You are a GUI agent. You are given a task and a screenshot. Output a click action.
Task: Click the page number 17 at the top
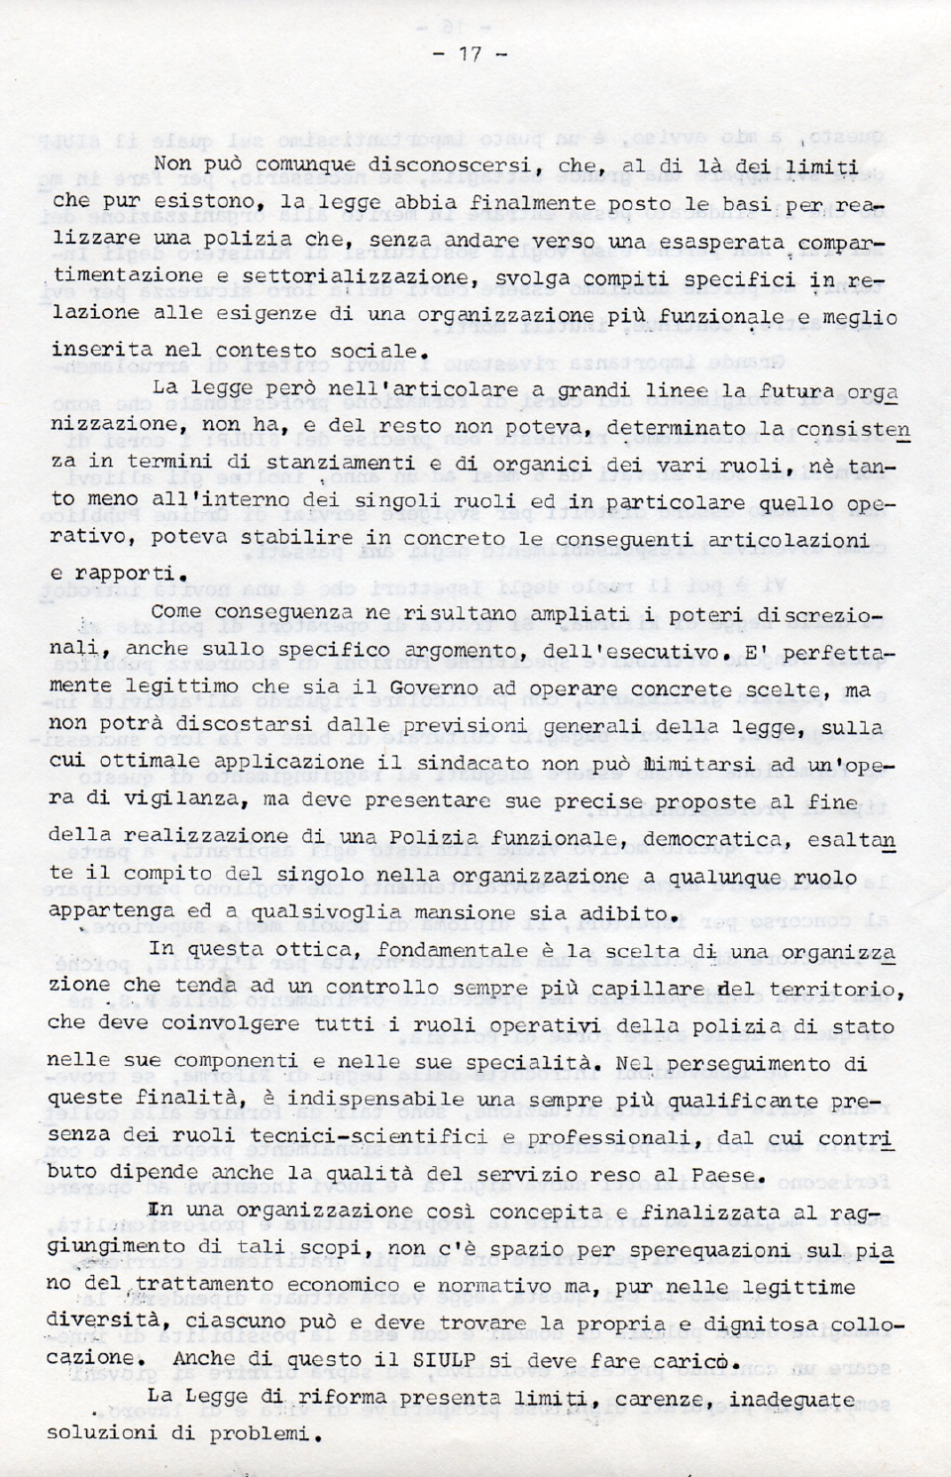tap(470, 54)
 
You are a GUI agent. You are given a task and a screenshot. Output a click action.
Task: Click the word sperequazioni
tap(622, 1251)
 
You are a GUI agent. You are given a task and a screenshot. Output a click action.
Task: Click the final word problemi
tap(258, 1434)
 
